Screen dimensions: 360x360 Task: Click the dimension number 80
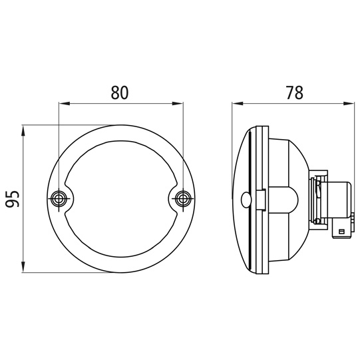(x=120, y=92)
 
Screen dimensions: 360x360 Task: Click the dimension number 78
(x=295, y=92)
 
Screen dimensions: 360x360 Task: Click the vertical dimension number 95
(x=13, y=199)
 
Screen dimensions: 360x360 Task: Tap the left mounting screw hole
(x=59, y=198)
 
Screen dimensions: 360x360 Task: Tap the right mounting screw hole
(x=183, y=198)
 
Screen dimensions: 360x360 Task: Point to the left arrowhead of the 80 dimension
(x=65, y=104)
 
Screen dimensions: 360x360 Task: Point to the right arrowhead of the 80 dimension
(x=178, y=104)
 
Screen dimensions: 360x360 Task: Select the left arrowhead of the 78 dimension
(x=238, y=104)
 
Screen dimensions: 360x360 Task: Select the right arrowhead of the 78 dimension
(x=349, y=104)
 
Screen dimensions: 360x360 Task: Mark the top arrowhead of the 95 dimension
(x=23, y=131)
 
